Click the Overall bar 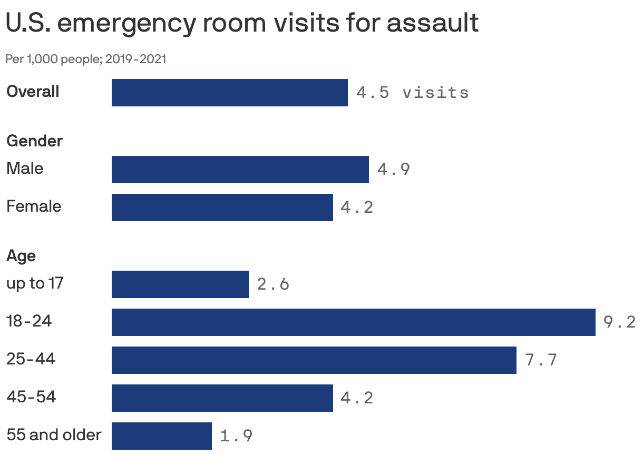coord(229,93)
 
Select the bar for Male coord(240,170)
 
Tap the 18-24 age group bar coord(353,322)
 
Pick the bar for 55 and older coord(161,436)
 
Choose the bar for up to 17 coord(180,284)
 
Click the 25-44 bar coord(314,360)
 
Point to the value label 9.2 coord(619,322)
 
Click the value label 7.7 coord(541,360)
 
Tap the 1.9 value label coord(236,436)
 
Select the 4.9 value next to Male coord(393,170)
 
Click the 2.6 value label coord(273,284)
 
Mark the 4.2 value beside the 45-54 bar coord(357,398)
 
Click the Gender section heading coord(34,141)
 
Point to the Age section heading coord(21,256)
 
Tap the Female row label coord(34,206)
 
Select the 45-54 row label coord(31,397)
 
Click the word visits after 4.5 coord(435,93)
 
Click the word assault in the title coord(432,23)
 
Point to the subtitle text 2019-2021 coord(135,59)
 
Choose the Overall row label coord(33,92)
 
